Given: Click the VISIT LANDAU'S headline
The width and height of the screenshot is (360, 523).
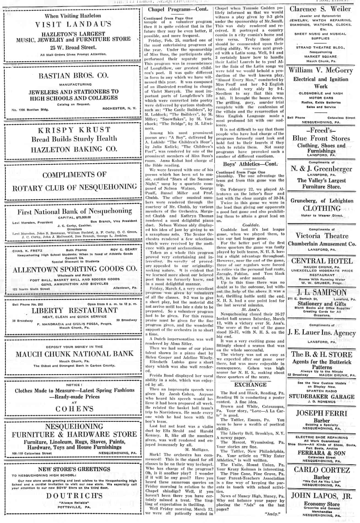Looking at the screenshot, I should coord(73,24).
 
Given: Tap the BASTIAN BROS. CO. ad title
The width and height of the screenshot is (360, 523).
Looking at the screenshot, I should coord(73,75).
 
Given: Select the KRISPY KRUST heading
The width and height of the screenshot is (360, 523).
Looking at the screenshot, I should coord(74,130).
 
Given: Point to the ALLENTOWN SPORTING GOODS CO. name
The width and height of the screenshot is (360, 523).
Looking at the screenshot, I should coord(75,269).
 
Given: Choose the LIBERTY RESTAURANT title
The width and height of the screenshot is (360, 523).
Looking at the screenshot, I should coord(74,310).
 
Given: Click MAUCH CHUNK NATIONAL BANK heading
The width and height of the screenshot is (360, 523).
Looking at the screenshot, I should coord(74,354).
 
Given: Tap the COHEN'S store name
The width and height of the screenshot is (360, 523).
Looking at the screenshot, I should coord(74,409).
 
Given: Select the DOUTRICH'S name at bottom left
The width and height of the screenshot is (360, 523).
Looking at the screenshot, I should coord(74,496).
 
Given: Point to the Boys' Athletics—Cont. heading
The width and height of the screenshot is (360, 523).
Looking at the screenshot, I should coord(250,164).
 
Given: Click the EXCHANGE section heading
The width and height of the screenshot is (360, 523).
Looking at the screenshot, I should coord(250,385).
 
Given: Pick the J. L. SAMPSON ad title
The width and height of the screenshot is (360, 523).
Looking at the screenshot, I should coord(321,292).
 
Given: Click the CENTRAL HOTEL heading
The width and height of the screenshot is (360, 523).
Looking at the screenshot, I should coord(322,261).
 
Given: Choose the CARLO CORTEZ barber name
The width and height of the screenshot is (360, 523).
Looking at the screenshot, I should coord(322,470).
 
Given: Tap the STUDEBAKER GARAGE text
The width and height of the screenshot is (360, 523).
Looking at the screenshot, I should coord(321,397).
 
